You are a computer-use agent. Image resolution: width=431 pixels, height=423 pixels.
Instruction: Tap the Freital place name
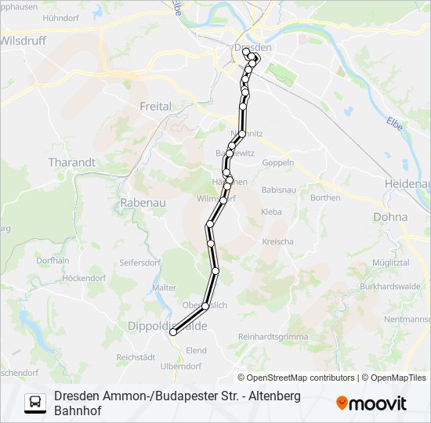tap(154, 107)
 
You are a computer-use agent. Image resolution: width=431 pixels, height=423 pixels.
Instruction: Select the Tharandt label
tap(71, 162)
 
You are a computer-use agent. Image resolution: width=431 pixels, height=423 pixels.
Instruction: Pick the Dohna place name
tap(390, 217)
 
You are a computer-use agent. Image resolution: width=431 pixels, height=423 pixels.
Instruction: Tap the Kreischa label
tap(277, 241)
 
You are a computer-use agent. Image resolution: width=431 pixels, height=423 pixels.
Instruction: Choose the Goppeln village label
tap(277, 163)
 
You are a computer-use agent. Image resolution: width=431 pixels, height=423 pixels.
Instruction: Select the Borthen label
tap(325, 197)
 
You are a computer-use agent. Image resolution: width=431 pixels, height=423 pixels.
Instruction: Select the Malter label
tap(165, 288)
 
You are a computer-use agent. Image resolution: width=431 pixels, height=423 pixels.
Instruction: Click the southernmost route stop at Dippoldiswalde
tap(172, 333)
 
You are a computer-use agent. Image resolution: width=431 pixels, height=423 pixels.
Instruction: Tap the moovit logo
tap(371, 403)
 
